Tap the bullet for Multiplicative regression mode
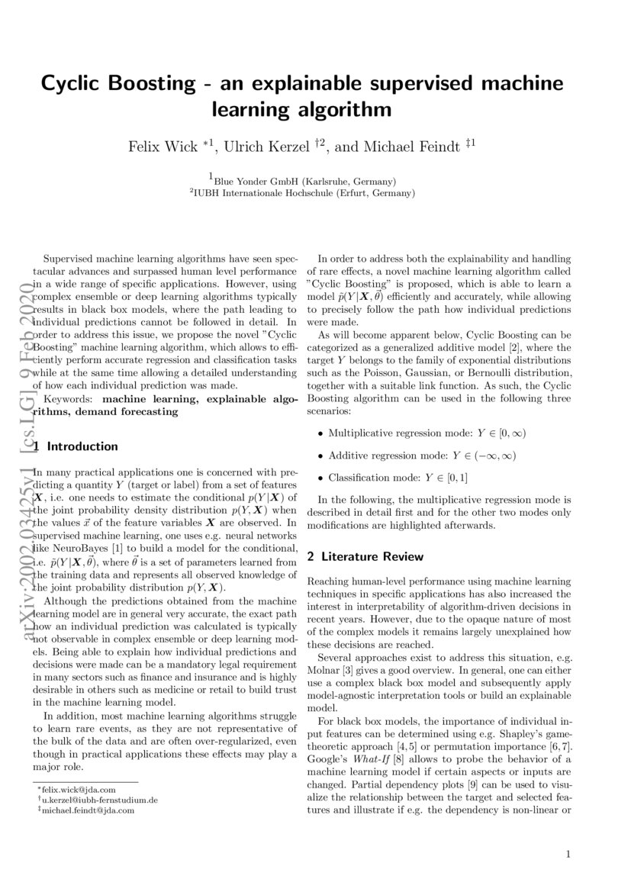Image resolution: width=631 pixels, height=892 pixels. point(319,433)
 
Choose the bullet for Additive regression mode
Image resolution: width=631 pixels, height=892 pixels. point(319,456)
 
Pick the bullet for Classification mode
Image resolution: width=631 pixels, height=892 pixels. point(319,478)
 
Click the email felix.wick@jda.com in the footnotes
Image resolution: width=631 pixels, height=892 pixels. point(79,789)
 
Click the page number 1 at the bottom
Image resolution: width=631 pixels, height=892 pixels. point(568,854)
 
